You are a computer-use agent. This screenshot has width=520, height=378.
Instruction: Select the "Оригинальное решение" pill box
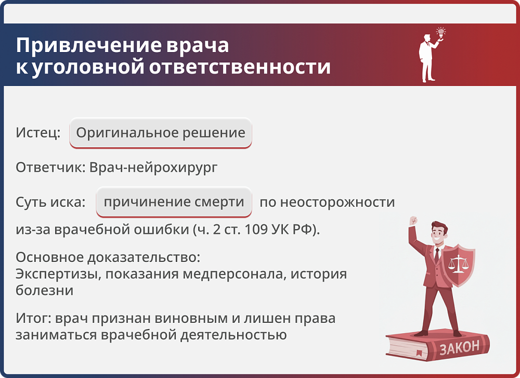[x=161, y=133]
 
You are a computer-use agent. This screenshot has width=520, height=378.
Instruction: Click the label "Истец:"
[x=38, y=133]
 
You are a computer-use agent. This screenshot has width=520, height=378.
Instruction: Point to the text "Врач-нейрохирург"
[x=153, y=168]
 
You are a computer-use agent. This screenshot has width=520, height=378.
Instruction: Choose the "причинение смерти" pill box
[x=174, y=202]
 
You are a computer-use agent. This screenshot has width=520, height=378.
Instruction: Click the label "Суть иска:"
[x=50, y=202]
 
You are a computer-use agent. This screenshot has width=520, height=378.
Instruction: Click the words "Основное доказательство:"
[x=108, y=258]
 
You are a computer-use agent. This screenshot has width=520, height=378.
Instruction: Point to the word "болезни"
[x=44, y=290]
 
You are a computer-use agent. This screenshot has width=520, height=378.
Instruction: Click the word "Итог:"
[x=33, y=318]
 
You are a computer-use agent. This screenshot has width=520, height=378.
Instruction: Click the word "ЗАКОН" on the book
[x=459, y=348]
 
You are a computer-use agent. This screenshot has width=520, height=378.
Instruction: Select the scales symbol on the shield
[x=458, y=262]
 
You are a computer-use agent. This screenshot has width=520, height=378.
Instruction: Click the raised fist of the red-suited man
[x=413, y=220]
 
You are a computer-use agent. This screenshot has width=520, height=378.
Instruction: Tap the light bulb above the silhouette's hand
[x=441, y=32]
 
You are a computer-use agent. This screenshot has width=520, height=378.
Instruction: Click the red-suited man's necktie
[x=437, y=256]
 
